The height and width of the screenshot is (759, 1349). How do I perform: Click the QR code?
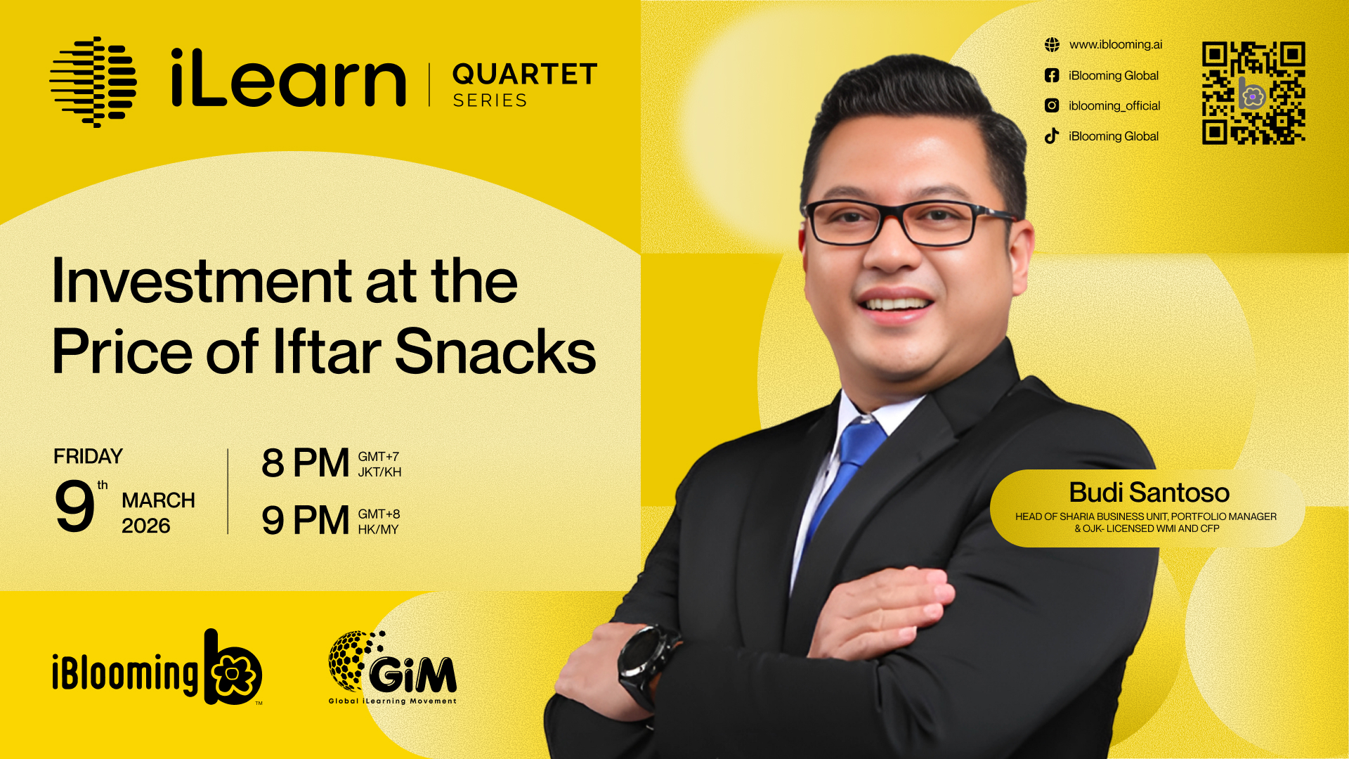click(x=1253, y=93)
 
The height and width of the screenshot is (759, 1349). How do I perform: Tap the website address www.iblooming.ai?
click(x=1116, y=45)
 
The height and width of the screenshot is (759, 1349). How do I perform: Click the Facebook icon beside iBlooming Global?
click(x=1052, y=75)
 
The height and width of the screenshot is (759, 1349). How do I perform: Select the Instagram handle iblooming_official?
click(x=1114, y=106)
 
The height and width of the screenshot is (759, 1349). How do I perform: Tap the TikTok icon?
click(x=1052, y=136)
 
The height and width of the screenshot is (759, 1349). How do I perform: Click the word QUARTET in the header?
click(x=525, y=74)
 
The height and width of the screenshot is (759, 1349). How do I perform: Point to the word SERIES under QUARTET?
click(x=490, y=100)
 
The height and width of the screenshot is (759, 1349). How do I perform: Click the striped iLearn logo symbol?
click(x=93, y=82)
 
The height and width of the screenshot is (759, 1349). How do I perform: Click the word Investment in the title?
click(x=202, y=280)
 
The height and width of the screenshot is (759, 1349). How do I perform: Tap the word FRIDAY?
click(x=89, y=457)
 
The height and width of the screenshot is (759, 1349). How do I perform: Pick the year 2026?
click(x=146, y=526)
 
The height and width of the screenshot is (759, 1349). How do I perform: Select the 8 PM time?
click(x=305, y=463)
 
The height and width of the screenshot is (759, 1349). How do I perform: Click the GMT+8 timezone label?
click(x=379, y=514)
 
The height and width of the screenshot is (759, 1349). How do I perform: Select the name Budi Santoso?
click(x=1149, y=493)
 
